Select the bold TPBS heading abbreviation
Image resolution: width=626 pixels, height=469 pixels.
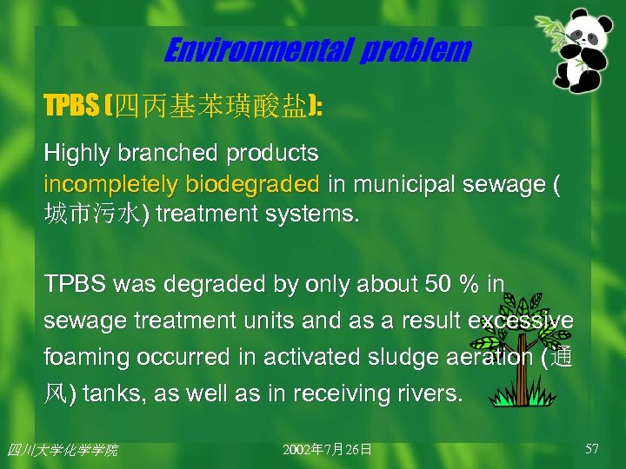tap(70, 106)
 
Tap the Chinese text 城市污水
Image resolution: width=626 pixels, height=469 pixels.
tap(95, 215)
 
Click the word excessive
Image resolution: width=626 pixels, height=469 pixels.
tap(521, 320)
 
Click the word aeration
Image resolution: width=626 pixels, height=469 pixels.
tap(492, 357)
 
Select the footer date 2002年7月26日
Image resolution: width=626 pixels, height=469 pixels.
tap(328, 449)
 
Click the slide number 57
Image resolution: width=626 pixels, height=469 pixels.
tap(592, 449)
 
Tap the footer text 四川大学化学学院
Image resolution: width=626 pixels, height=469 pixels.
tap(62, 450)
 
